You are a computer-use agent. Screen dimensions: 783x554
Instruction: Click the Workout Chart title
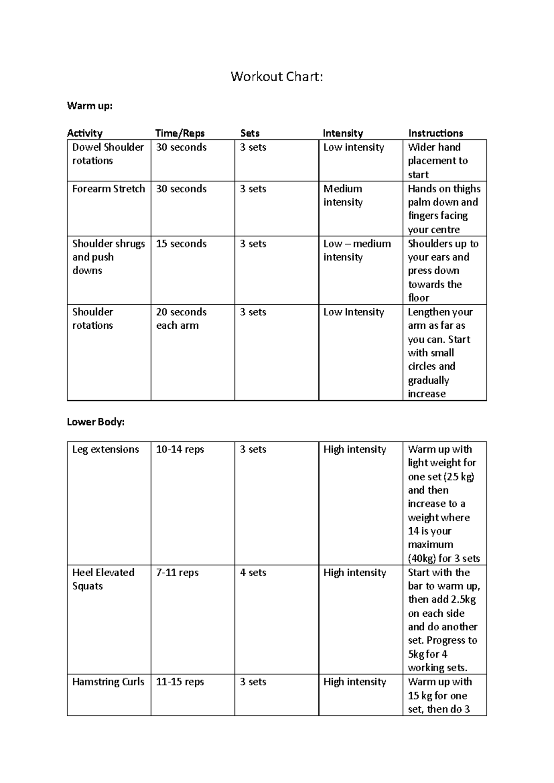[x=277, y=76]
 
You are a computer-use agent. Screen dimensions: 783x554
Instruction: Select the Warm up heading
[x=90, y=106]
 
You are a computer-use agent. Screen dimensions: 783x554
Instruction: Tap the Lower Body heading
[x=96, y=422]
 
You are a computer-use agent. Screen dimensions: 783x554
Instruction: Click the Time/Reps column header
[x=180, y=133]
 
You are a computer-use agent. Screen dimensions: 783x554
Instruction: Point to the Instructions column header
[x=435, y=133]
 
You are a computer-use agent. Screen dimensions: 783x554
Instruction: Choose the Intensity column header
[x=343, y=133]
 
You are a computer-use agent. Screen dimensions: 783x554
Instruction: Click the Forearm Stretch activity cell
[x=108, y=189]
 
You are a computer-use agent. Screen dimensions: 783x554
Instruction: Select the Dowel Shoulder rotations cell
[x=108, y=154]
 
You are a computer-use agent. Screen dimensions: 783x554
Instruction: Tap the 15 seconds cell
[x=181, y=244]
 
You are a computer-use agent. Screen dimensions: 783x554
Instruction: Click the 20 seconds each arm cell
[x=181, y=319]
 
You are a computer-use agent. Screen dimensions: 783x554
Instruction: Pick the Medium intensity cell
[x=343, y=195]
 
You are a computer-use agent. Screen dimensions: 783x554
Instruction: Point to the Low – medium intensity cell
[x=357, y=250]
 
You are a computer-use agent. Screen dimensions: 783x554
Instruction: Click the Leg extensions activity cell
[x=105, y=449]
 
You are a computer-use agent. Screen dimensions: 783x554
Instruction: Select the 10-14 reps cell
[x=180, y=449]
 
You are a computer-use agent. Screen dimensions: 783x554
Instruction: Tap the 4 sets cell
[x=253, y=572]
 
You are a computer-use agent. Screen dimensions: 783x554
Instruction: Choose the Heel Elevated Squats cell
[x=103, y=579]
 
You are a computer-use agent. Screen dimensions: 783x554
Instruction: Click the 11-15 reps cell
[x=180, y=682]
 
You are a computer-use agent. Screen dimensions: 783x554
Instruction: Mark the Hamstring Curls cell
[x=108, y=682]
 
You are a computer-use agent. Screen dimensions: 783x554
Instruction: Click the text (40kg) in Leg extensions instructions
[x=422, y=558]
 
